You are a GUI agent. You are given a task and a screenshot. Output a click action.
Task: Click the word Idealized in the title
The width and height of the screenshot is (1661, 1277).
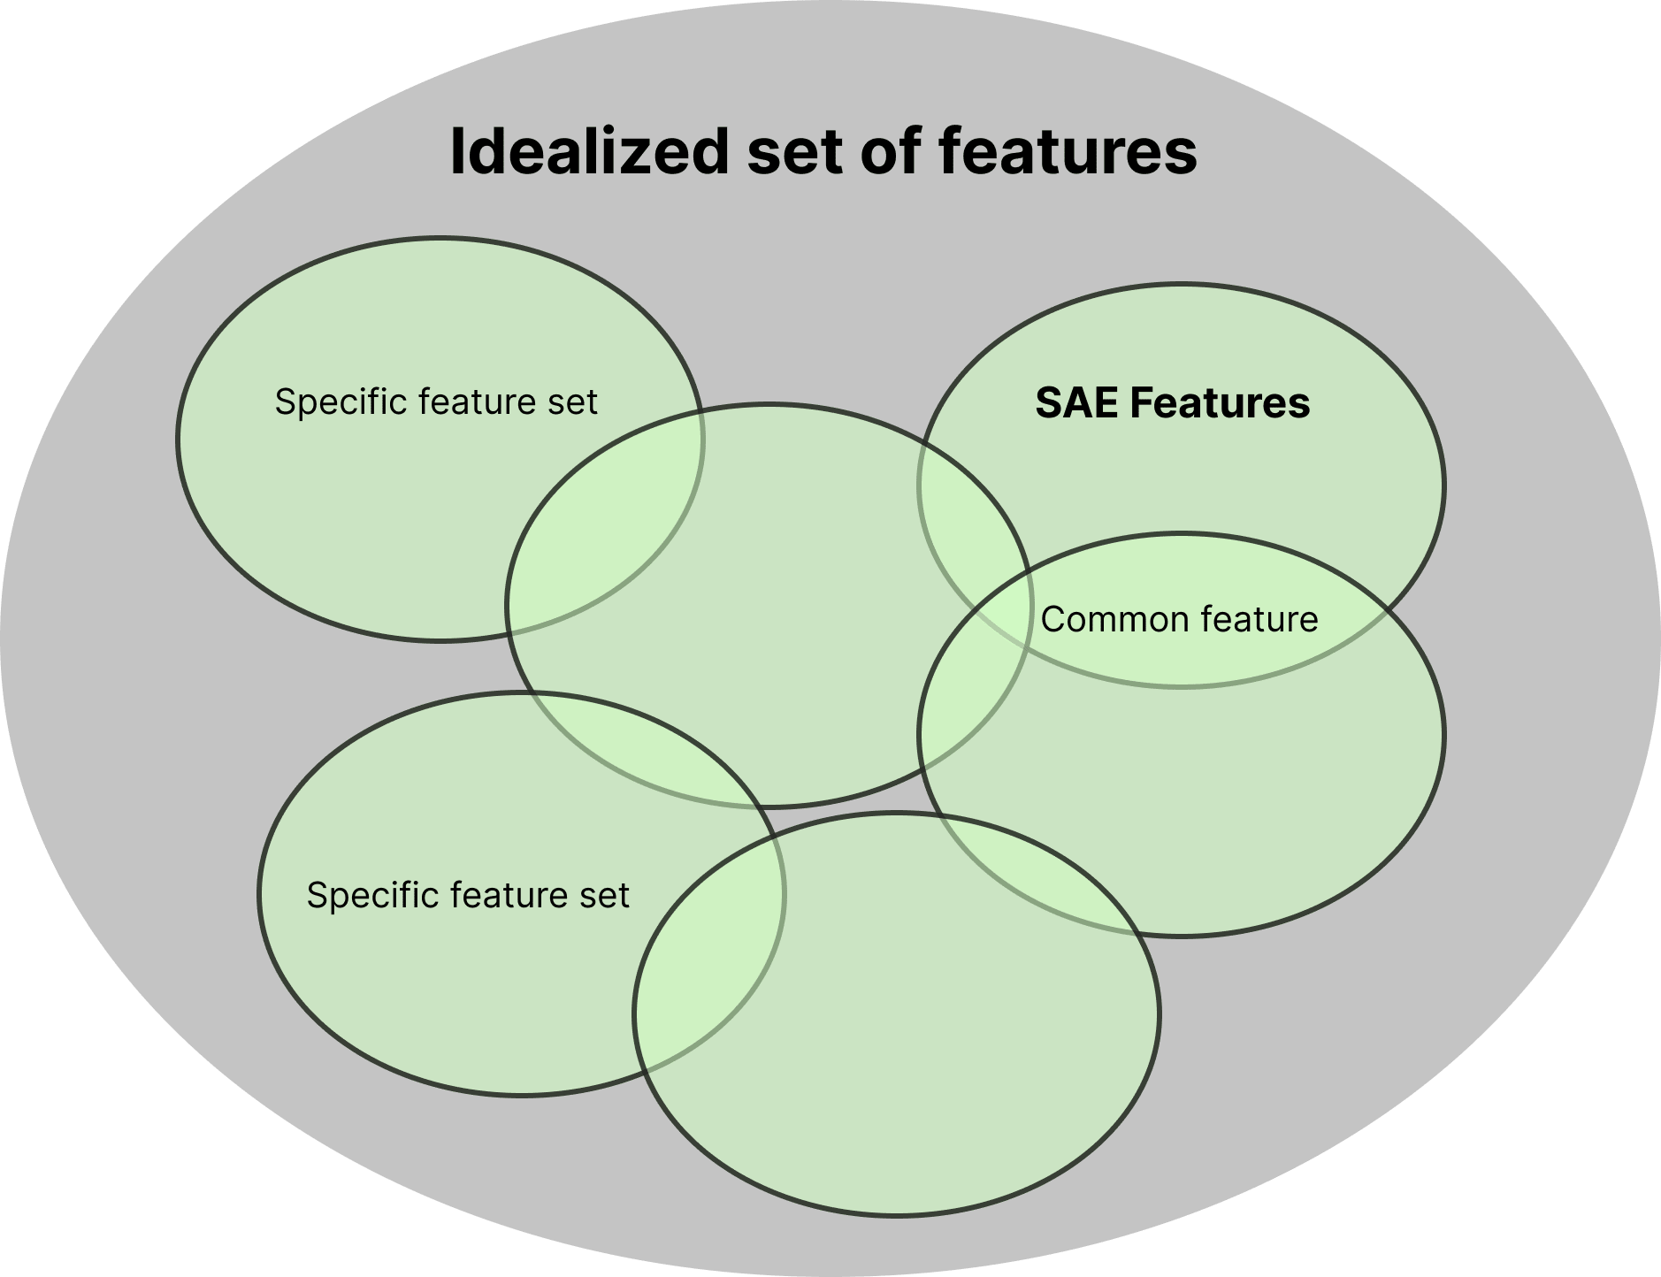coord(588,151)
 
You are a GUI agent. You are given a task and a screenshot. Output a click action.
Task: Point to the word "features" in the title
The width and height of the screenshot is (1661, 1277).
coord(1068,151)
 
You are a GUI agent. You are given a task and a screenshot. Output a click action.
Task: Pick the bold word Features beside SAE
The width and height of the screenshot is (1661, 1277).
coord(1220,403)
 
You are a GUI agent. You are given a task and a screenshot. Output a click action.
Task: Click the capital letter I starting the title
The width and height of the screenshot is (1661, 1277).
coord(456,151)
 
